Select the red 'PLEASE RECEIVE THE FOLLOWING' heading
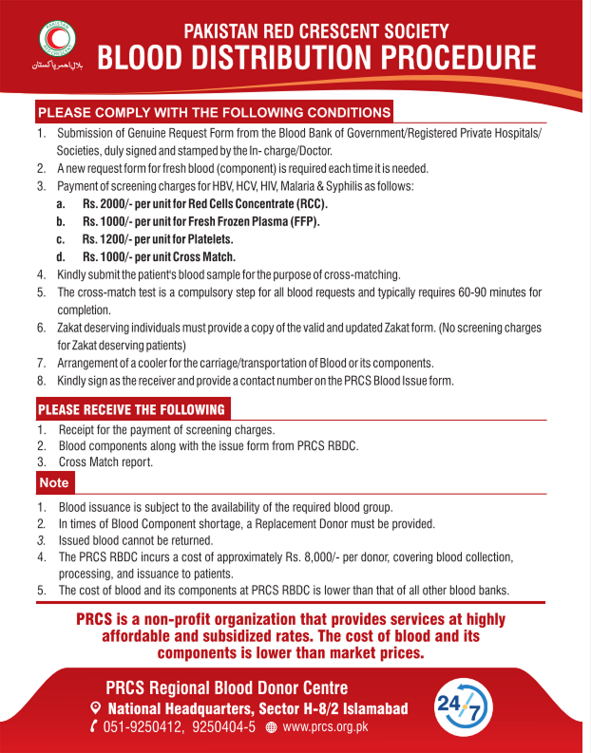pyautogui.click(x=131, y=410)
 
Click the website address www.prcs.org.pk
pyautogui.click(x=325, y=726)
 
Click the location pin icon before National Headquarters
pyautogui.click(x=94, y=708)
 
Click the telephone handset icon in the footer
pyautogui.click(x=93, y=726)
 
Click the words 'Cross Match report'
pyautogui.click(x=105, y=461)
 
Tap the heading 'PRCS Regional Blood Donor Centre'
pyautogui.click(x=226, y=687)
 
